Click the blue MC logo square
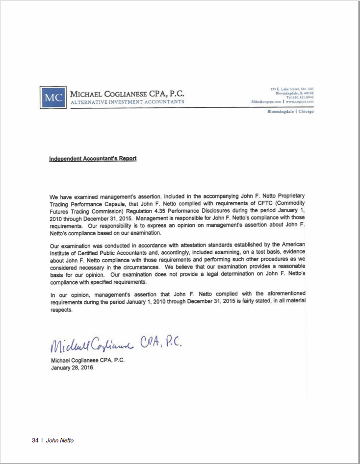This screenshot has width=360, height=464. pyautogui.click(x=53, y=98)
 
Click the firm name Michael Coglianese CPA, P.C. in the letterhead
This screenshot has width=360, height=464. pyautogui.click(x=128, y=94)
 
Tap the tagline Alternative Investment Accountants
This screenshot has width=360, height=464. pyautogui.click(x=128, y=102)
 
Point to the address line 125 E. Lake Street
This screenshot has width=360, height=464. pyautogui.click(x=292, y=89)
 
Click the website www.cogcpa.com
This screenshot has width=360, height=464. pyautogui.click(x=300, y=101)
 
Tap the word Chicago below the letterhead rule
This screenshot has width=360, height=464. pyautogui.click(x=306, y=111)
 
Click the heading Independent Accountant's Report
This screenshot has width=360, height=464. pyautogui.click(x=93, y=159)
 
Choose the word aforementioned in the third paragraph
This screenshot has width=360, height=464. pyautogui.click(x=281, y=293)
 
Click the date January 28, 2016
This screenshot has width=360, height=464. pyautogui.click(x=72, y=367)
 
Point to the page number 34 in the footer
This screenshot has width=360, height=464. pyautogui.click(x=35, y=440)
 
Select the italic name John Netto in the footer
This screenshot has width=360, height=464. pyautogui.click(x=60, y=440)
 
